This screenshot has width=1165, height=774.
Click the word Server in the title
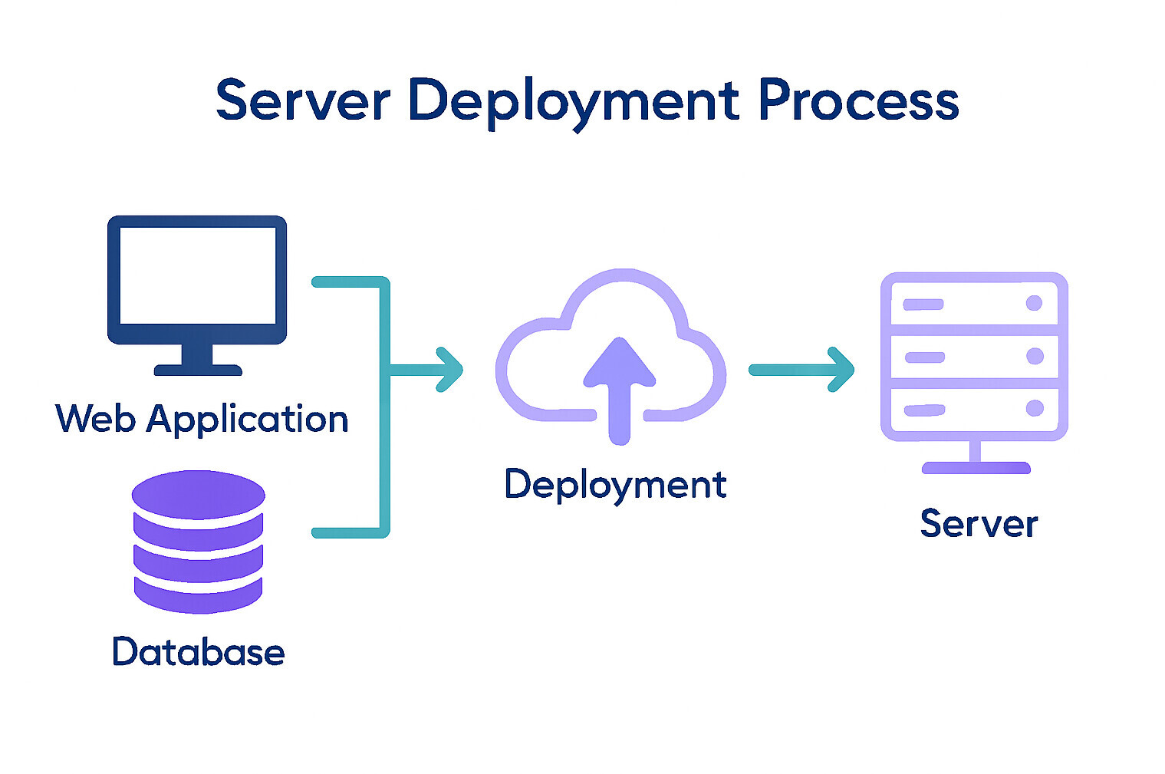303,100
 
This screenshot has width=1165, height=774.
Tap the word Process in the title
858,100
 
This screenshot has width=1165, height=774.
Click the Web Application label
202,419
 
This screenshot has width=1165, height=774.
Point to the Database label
198,651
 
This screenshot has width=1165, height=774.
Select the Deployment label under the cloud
615,485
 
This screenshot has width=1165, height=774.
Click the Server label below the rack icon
979,524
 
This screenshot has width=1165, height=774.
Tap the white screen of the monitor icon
197,275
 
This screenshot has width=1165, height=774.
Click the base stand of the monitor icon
198,370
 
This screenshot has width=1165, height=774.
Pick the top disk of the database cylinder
198,494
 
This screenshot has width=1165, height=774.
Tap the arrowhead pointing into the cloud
450,370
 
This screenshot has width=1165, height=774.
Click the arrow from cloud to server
801,370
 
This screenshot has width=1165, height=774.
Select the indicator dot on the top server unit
1034,303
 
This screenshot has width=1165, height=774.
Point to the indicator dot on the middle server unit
1035,356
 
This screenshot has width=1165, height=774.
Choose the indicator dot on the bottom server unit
1035,408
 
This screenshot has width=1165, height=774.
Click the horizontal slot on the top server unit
923,305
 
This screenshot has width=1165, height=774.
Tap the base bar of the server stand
976,468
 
